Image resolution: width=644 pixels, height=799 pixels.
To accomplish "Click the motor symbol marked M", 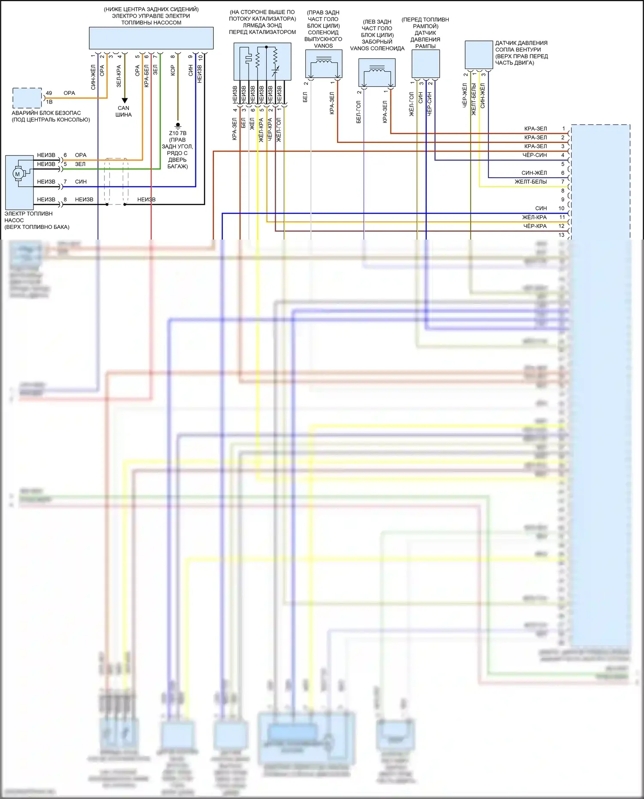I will (x=17, y=174).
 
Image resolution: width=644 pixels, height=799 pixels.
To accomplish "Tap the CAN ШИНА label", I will (x=123, y=111).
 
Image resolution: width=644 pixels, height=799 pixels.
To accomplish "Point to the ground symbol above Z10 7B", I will (x=178, y=125).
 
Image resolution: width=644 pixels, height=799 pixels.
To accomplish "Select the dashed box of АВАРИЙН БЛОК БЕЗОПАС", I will (x=27, y=98).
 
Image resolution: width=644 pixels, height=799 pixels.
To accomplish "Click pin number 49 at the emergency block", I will (x=49, y=93).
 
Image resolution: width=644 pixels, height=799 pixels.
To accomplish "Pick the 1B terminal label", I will (x=49, y=102).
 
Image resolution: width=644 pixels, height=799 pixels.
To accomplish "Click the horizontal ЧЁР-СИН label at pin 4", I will (x=535, y=155).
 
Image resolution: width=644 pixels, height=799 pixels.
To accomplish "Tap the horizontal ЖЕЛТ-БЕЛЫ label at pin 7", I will (x=531, y=182).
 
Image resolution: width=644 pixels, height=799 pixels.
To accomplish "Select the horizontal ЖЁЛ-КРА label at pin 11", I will (x=534, y=217).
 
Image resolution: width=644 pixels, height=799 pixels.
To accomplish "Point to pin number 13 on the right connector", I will (x=562, y=235).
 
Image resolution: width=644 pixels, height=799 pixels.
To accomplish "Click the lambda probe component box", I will (x=262, y=61).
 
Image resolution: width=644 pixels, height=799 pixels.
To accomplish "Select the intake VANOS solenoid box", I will (x=377, y=72).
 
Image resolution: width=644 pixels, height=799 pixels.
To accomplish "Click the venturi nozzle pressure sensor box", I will (x=479, y=55).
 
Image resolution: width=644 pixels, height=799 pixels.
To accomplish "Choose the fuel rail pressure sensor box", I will (x=425, y=64).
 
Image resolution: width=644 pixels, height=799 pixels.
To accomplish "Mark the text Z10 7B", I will (x=178, y=133).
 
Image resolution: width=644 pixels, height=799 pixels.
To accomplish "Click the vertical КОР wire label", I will (x=173, y=70).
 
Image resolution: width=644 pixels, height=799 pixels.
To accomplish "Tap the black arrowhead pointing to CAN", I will (x=125, y=100).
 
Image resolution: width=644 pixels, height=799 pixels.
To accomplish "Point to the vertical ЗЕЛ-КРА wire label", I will (x=119, y=76).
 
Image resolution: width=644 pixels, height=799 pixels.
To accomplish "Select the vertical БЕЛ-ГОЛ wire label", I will (x=358, y=112).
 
